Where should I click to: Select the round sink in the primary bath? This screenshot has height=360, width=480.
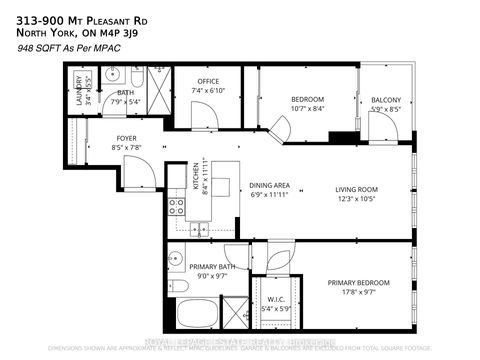[x=175, y=255]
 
